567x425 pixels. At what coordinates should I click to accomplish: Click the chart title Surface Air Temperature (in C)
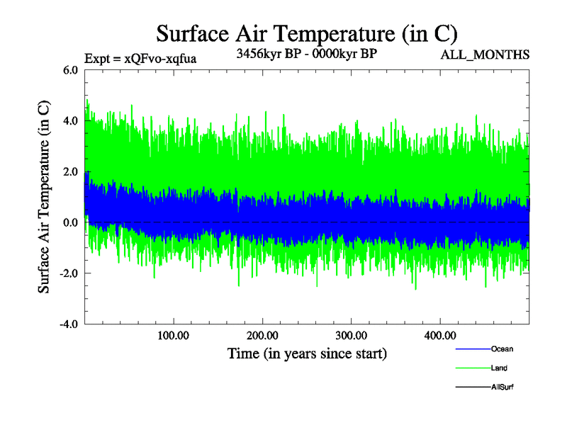[x=306, y=33]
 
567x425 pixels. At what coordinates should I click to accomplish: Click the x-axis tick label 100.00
[x=174, y=336]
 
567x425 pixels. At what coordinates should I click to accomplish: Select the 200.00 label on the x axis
[x=262, y=336]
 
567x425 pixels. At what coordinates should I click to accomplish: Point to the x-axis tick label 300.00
[x=351, y=336]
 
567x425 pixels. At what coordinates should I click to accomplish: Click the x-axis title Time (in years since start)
[x=306, y=353]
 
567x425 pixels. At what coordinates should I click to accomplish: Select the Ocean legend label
[x=502, y=349]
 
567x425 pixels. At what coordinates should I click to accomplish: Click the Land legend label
[x=499, y=368]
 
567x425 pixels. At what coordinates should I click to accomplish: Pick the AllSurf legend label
[x=503, y=387]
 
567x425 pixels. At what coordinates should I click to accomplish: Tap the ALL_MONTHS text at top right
[x=485, y=55]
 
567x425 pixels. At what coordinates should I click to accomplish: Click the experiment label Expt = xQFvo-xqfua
[x=140, y=59]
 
